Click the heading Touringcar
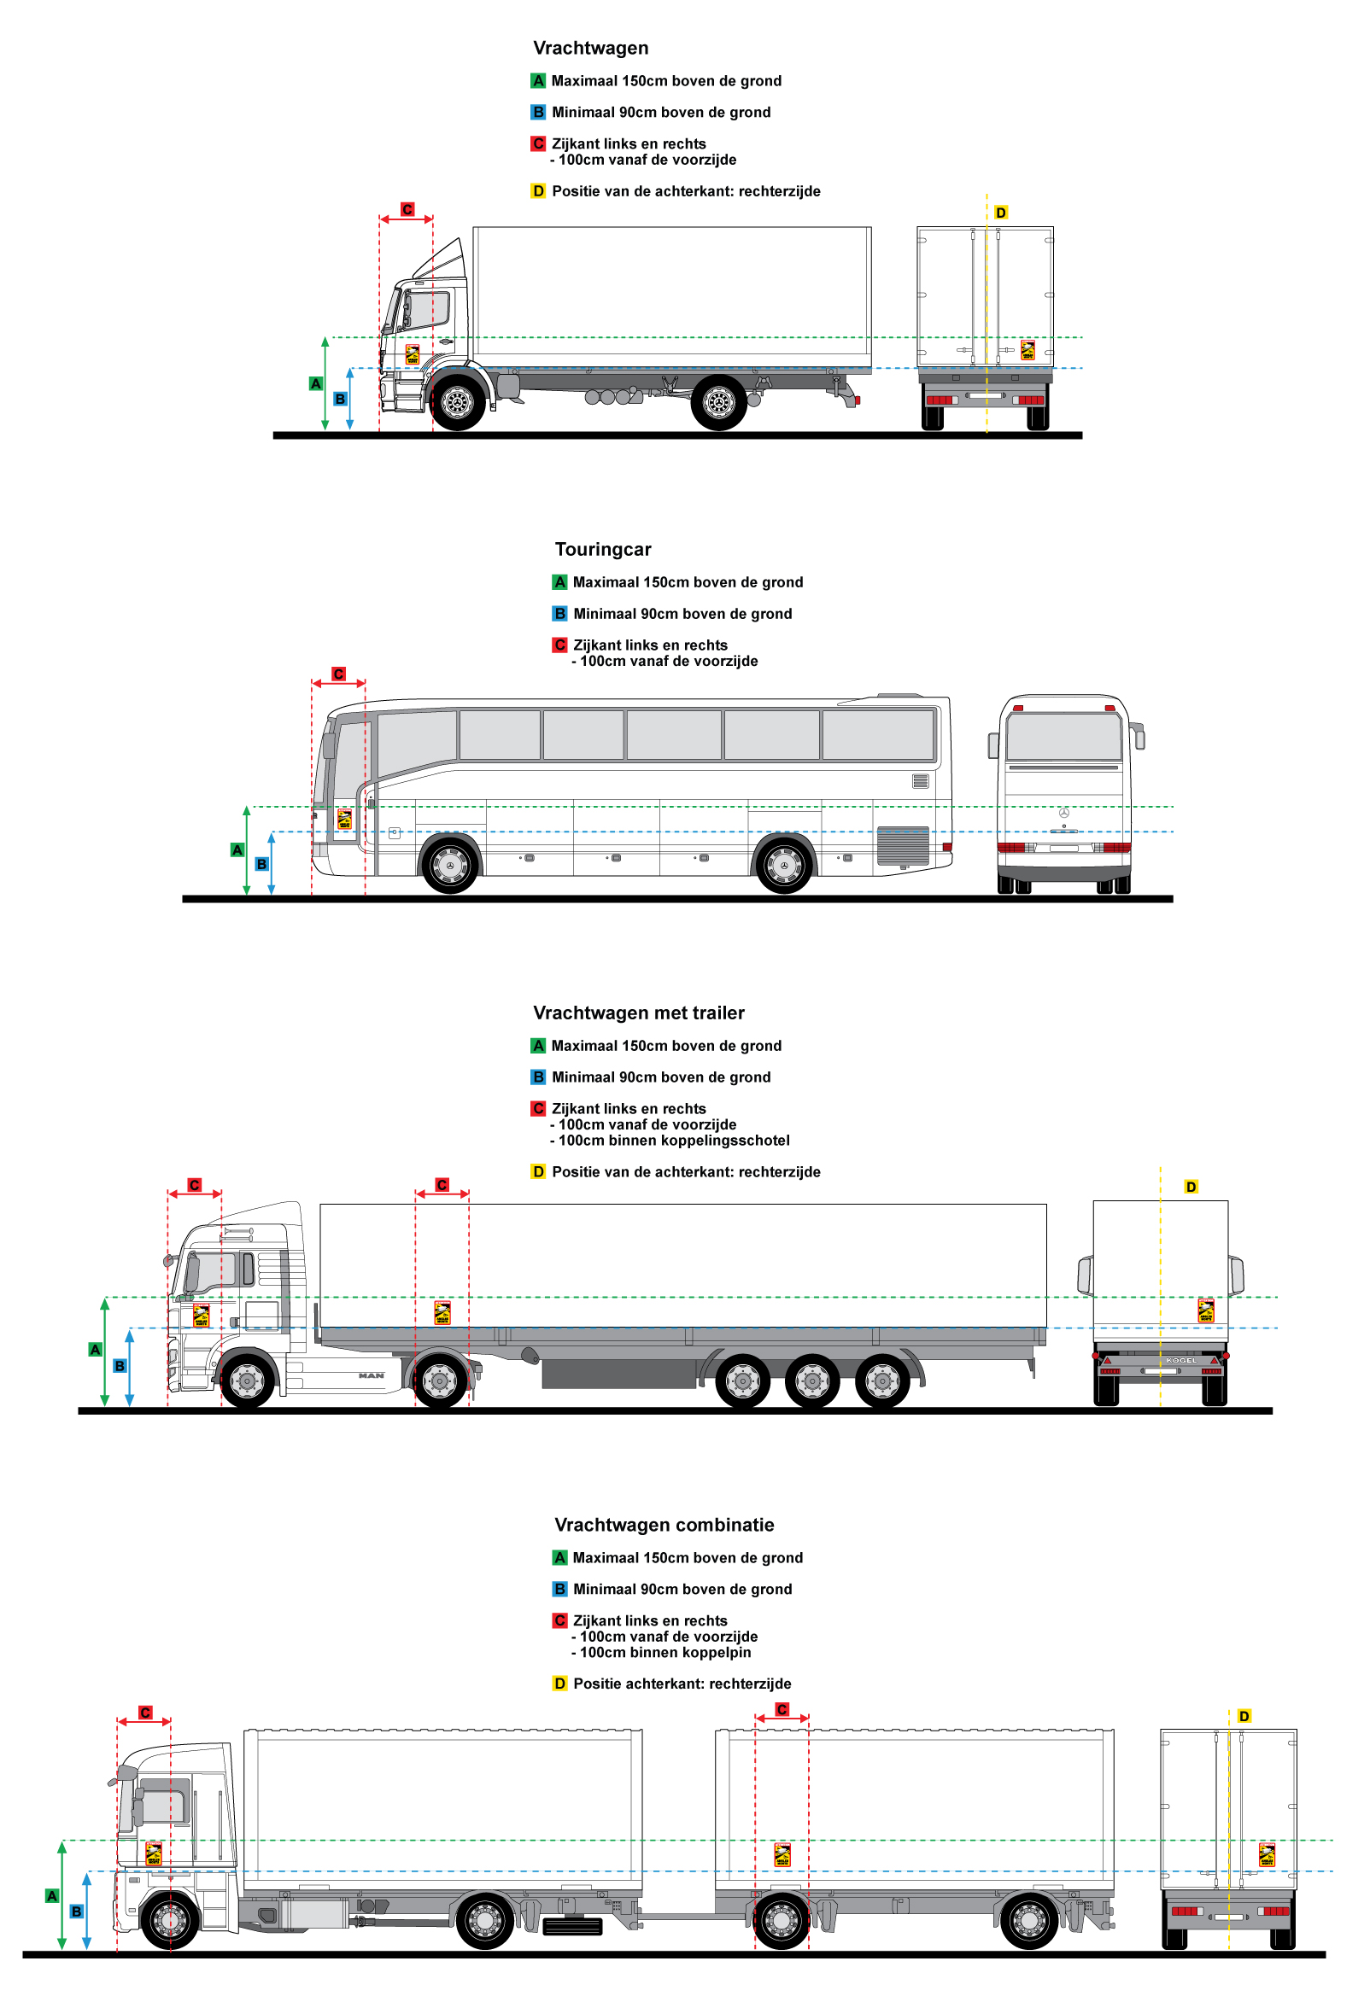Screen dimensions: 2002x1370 click(602, 550)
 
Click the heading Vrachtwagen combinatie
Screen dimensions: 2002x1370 click(664, 1525)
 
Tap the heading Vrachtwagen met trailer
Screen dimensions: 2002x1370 click(639, 1013)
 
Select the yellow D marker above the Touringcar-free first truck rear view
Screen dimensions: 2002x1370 click(1000, 213)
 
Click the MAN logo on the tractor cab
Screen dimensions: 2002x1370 click(372, 1375)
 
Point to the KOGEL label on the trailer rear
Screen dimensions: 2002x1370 click(1180, 1360)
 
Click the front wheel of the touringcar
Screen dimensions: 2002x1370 click(449, 864)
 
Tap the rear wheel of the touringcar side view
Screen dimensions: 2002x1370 click(783, 864)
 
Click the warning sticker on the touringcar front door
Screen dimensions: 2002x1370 click(345, 820)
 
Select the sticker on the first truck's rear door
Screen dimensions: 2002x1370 click(1027, 350)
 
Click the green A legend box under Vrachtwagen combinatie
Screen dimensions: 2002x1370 click(559, 1557)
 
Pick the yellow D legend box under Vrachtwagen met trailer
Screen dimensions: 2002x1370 click(537, 1171)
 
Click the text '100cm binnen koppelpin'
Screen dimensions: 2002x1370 click(665, 1652)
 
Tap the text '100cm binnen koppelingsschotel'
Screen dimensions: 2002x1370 click(673, 1141)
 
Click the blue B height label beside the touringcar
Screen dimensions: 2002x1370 click(262, 864)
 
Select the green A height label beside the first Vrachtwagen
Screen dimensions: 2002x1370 click(316, 383)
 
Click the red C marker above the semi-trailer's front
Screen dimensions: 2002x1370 click(442, 1185)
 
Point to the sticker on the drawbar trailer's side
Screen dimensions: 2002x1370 click(782, 1853)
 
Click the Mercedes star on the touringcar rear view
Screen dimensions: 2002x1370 click(1063, 814)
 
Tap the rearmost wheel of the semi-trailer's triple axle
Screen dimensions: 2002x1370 click(881, 1380)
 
